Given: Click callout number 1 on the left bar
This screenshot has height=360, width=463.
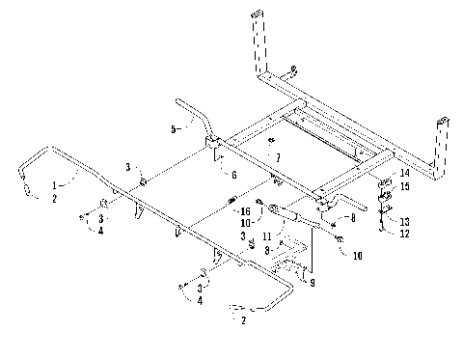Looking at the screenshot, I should [56, 181].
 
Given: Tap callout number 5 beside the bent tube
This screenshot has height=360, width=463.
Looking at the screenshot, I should [175, 128].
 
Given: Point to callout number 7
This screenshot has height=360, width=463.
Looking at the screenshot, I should [278, 156].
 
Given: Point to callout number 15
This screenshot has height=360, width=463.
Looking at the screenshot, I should [405, 185].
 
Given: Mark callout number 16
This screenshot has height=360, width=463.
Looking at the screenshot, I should [245, 209].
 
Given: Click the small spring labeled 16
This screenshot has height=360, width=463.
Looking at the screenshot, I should [232, 201].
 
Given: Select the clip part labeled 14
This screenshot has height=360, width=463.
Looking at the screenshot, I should [386, 180].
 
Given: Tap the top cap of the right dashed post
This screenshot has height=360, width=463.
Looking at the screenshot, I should [443, 122].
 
